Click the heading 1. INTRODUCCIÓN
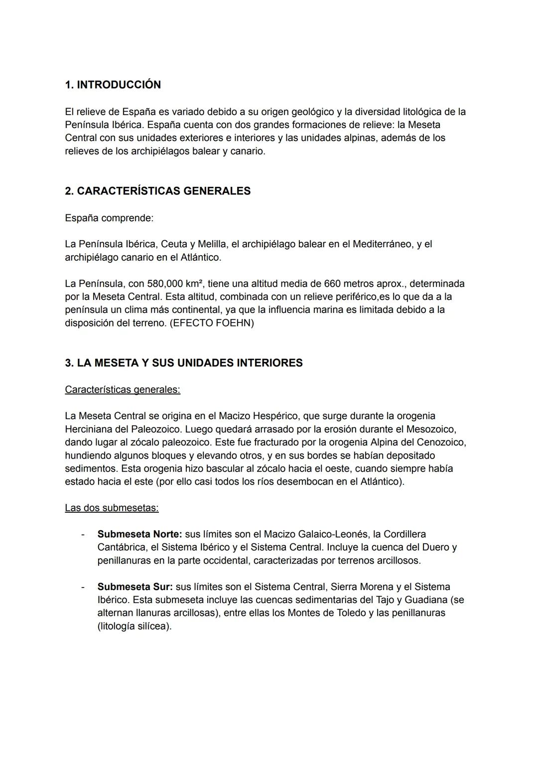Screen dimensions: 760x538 pos(113,85)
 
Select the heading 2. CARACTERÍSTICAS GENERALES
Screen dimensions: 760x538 pos(157,191)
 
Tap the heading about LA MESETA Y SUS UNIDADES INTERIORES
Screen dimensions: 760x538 pos(183,363)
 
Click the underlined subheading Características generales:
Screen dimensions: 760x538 pos(123,389)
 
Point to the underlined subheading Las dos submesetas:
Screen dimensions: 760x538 pos(112,508)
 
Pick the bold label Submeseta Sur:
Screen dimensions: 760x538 pos(135,587)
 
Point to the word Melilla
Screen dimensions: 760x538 pos(212,244)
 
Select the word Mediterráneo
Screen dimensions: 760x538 pos(383,244)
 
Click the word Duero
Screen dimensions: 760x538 pos(437,547)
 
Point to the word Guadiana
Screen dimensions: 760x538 pos(425,600)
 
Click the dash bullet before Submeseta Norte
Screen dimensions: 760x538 pos(83,534)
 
